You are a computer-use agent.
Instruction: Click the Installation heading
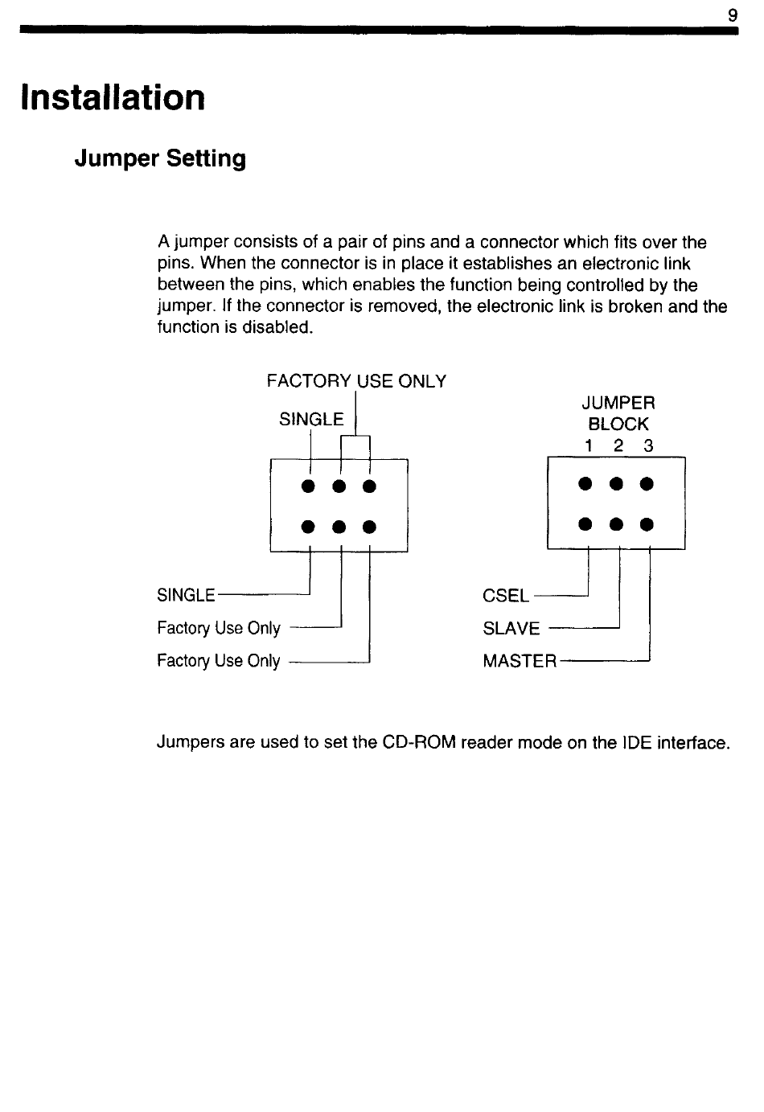pyautogui.click(x=113, y=98)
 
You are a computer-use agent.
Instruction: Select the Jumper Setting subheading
pyautogui.click(x=160, y=159)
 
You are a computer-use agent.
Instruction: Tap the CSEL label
pyautogui.click(x=505, y=596)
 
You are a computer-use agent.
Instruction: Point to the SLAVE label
pyautogui.click(x=511, y=629)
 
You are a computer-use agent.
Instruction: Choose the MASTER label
pyautogui.click(x=519, y=662)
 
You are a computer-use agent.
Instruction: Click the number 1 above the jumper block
pyautogui.click(x=589, y=445)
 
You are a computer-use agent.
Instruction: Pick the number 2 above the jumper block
pyautogui.click(x=618, y=445)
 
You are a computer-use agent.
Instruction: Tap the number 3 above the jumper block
pyautogui.click(x=647, y=445)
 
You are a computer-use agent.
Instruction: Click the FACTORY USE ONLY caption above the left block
pyautogui.click(x=356, y=381)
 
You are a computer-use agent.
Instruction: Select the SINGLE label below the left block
pyautogui.click(x=186, y=596)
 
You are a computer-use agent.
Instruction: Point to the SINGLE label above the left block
pyautogui.click(x=310, y=420)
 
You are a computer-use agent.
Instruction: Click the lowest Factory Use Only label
pyautogui.click(x=219, y=662)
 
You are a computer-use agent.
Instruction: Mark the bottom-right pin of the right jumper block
pyautogui.click(x=647, y=525)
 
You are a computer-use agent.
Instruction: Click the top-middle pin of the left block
pyautogui.click(x=339, y=486)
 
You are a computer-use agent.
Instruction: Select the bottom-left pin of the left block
pyautogui.click(x=307, y=527)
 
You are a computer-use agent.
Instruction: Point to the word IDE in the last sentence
pyautogui.click(x=637, y=742)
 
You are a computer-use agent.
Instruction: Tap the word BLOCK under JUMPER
pyautogui.click(x=618, y=424)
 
